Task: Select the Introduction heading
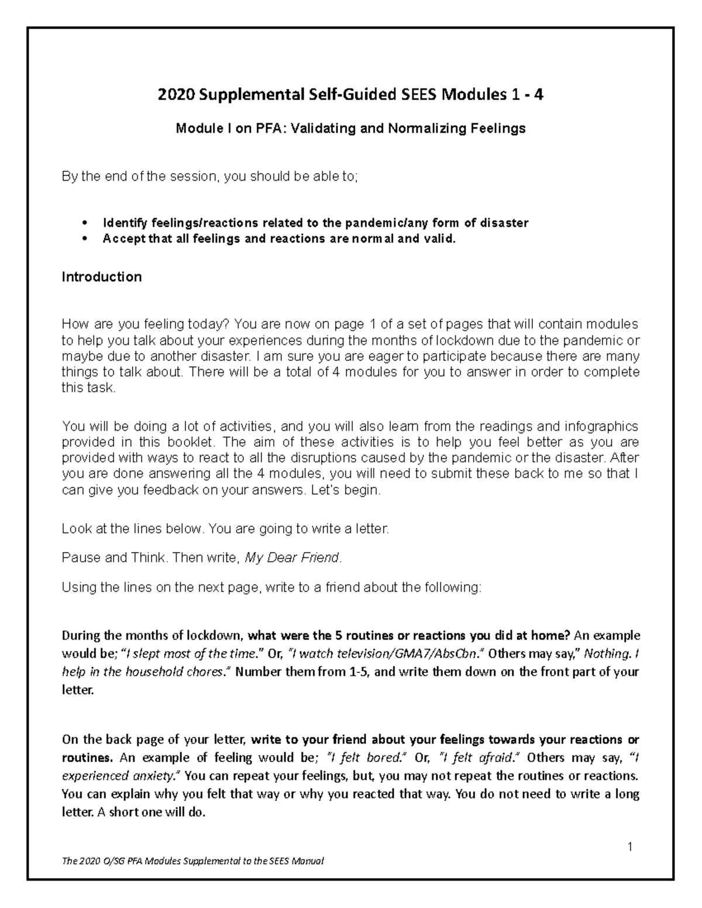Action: pyautogui.click(x=102, y=277)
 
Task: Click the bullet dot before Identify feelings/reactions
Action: pyautogui.click(x=85, y=223)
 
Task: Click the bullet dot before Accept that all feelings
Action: pyautogui.click(x=85, y=239)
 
